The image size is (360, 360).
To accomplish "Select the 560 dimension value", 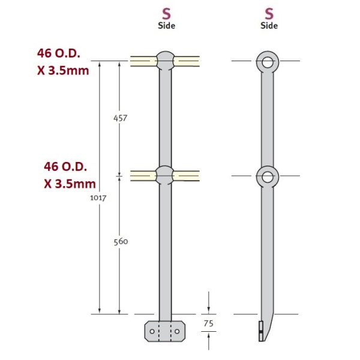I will coord(120,242).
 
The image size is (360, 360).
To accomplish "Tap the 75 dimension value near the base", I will coord(208,323).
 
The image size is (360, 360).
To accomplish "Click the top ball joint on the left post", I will coord(165,61).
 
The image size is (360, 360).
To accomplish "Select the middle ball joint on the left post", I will coord(165,175).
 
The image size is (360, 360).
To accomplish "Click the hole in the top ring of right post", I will coord(268,61).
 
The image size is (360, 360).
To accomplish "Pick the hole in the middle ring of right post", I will coord(268,176).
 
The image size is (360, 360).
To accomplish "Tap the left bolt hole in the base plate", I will coord(153,331).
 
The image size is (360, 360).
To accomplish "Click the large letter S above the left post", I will coord(166,13).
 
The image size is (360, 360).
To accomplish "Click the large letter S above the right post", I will coord(269,13).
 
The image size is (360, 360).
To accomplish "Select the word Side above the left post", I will coord(166,26).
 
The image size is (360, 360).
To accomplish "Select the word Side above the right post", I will coord(269,26).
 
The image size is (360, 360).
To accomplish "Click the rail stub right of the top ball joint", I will coord(187,61).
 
